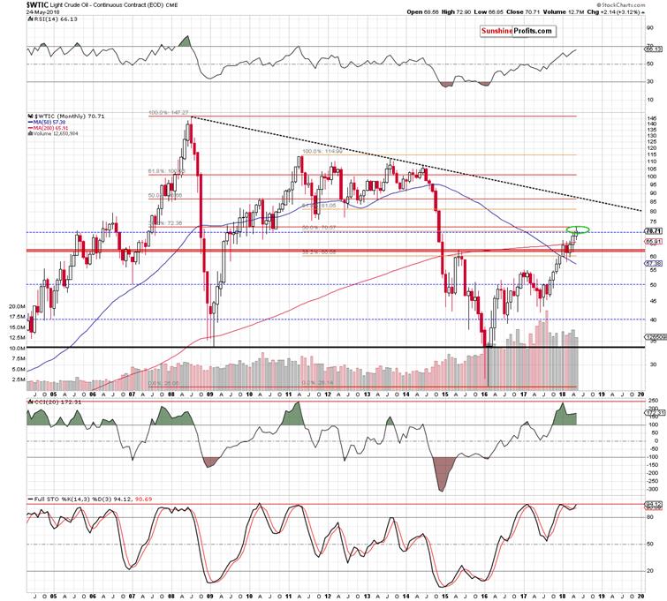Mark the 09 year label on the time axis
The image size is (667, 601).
(210, 394)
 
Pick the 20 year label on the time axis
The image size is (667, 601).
(640, 394)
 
